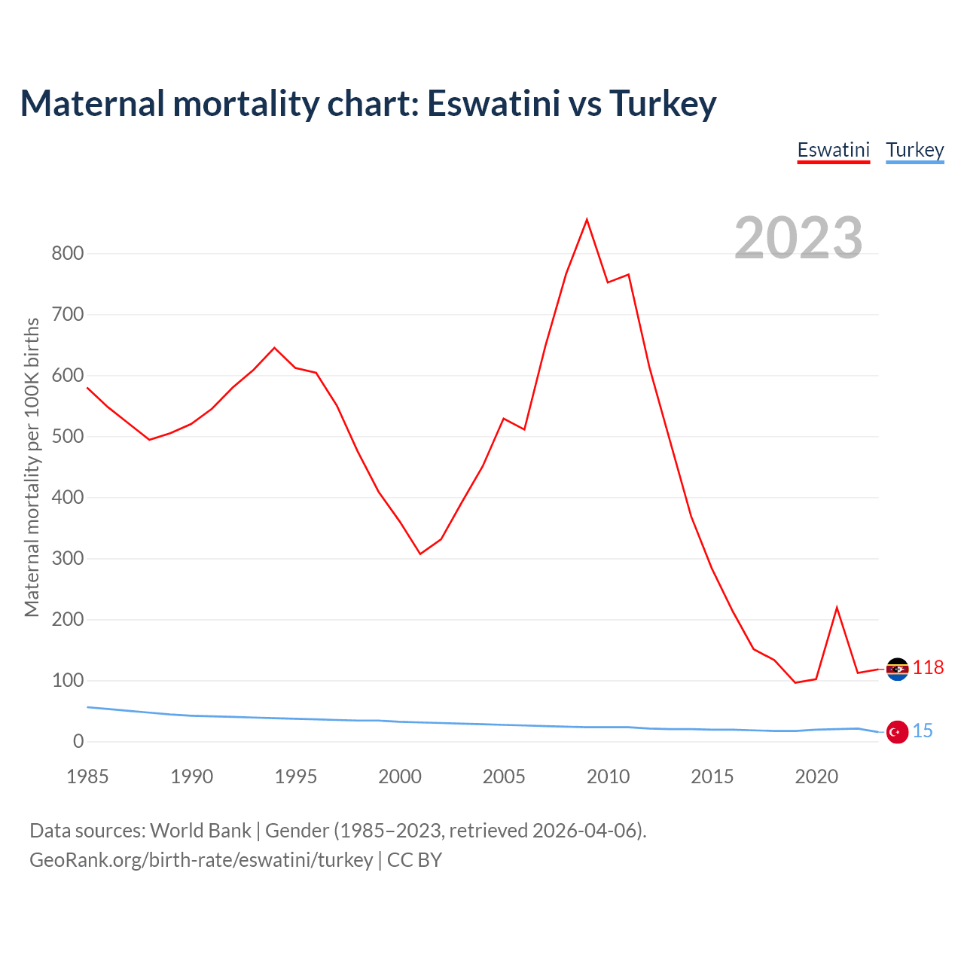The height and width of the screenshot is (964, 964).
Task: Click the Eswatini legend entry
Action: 833,150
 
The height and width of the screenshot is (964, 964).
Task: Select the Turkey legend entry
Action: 914,150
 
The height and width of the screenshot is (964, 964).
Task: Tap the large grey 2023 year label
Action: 798,238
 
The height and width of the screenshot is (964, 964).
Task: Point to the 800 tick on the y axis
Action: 68,253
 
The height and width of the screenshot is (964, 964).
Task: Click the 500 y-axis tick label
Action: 68,436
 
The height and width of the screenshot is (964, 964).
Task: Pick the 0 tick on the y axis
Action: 78,742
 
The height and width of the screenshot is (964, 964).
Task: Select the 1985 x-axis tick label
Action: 87,776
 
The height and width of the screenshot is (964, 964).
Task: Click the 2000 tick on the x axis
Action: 400,776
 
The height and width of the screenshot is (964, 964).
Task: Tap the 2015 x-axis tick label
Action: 712,776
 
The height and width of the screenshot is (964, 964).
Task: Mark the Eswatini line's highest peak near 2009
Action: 587,220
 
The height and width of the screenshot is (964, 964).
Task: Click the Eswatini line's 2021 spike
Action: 837,608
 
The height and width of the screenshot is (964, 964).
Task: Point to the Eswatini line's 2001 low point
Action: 420,554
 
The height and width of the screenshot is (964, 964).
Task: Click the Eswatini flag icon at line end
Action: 897,669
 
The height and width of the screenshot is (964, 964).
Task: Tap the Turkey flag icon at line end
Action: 897,731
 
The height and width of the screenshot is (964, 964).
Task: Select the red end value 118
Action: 928,668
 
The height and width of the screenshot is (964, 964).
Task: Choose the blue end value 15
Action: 923,731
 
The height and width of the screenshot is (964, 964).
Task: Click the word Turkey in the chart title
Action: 662,103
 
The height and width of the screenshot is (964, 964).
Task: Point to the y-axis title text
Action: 32,467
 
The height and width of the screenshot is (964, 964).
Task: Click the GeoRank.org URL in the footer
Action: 201,860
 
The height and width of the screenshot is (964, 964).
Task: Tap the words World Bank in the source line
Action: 200,831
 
